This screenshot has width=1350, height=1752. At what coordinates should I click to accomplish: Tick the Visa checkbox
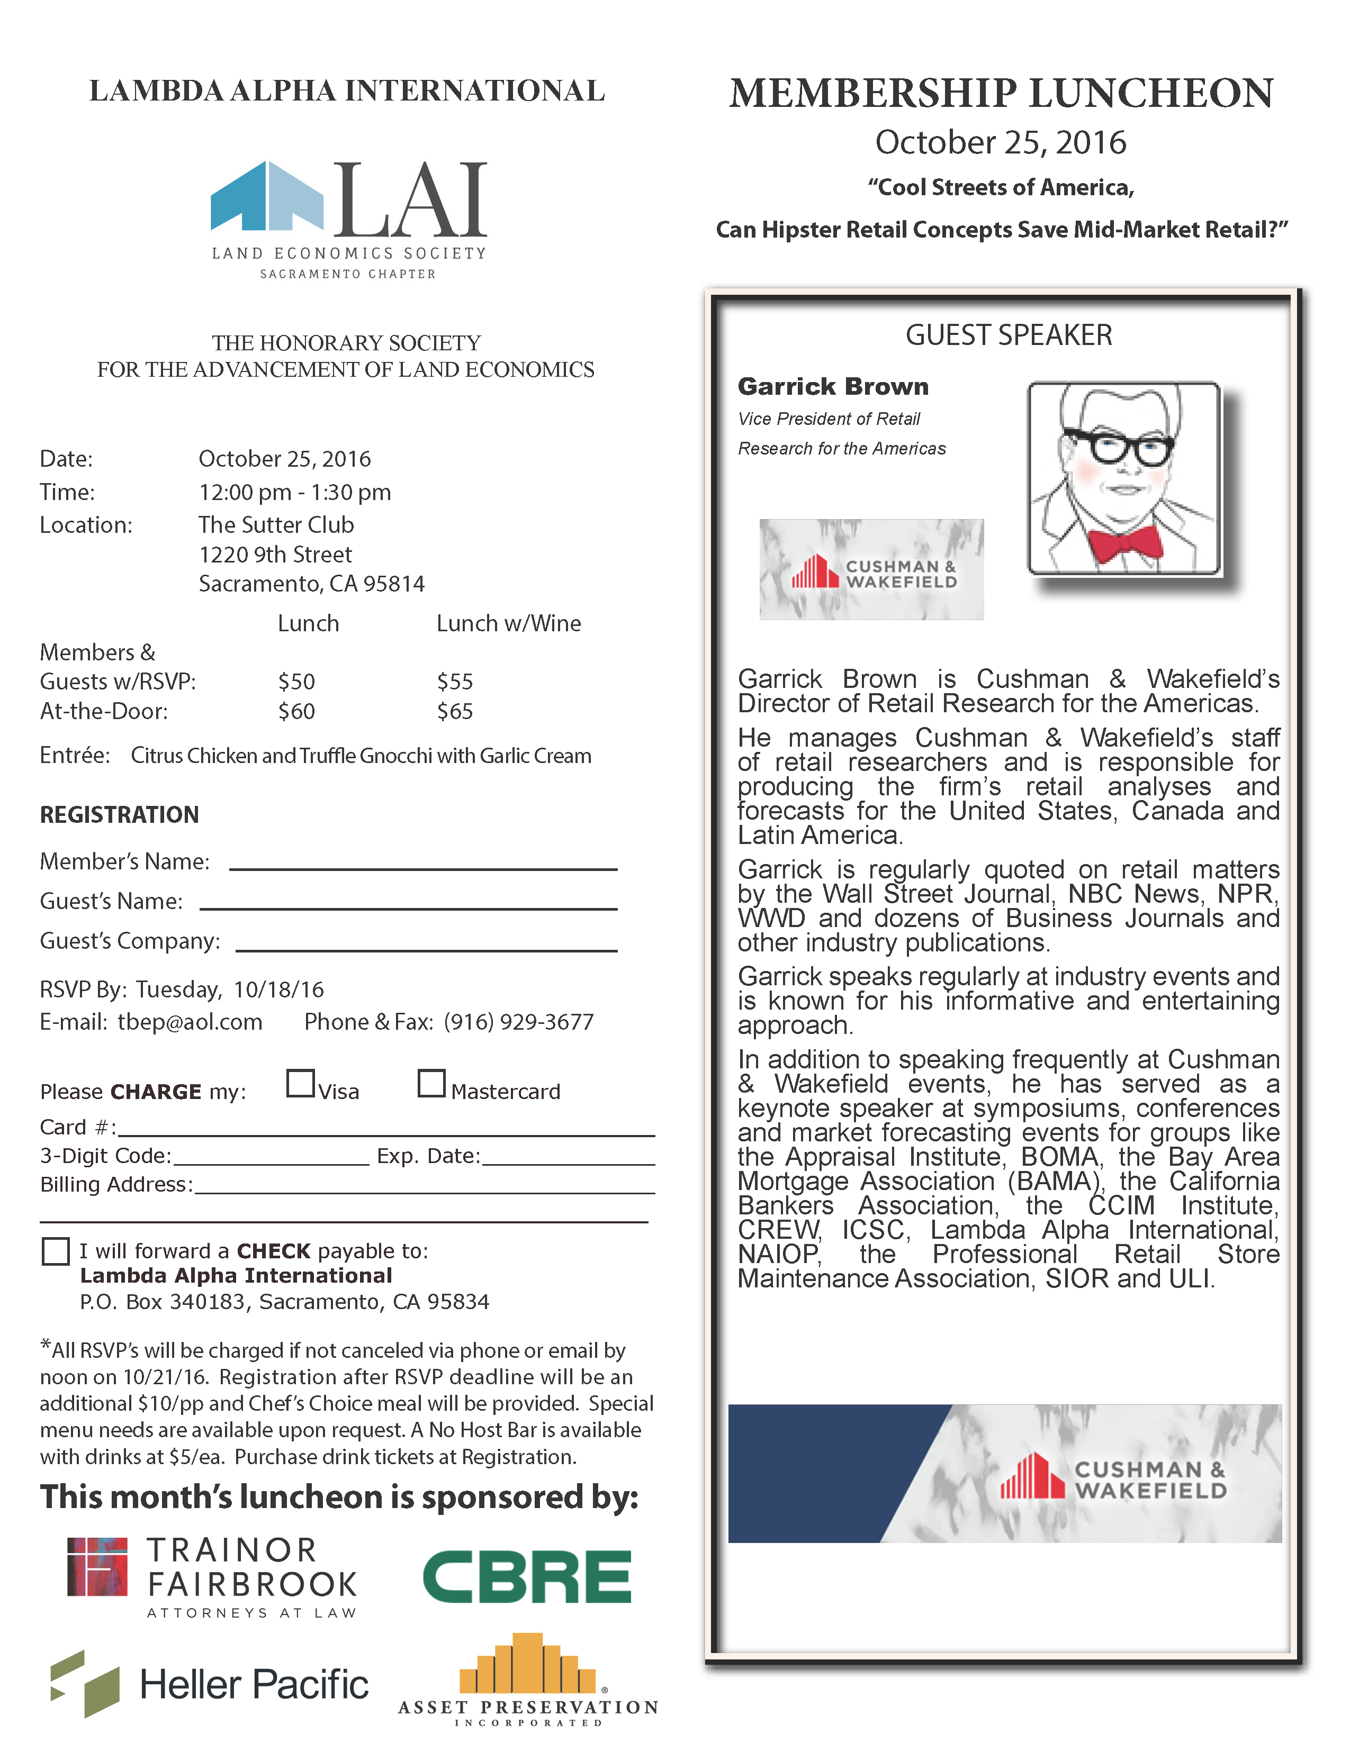click(300, 1083)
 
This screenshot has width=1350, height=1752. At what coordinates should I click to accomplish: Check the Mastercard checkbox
click(431, 1083)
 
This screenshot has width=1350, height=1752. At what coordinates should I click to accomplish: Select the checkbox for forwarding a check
click(56, 1250)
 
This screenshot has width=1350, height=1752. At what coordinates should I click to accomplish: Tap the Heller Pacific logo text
click(254, 1684)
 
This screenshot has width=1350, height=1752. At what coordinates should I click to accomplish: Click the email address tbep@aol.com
click(190, 1022)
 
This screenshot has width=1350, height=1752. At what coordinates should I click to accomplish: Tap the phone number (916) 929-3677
click(518, 1022)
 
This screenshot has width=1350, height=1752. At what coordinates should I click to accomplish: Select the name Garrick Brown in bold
click(833, 387)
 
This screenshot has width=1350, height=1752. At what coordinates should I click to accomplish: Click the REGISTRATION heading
click(120, 815)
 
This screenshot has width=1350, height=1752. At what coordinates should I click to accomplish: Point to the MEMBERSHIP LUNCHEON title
click(1001, 93)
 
